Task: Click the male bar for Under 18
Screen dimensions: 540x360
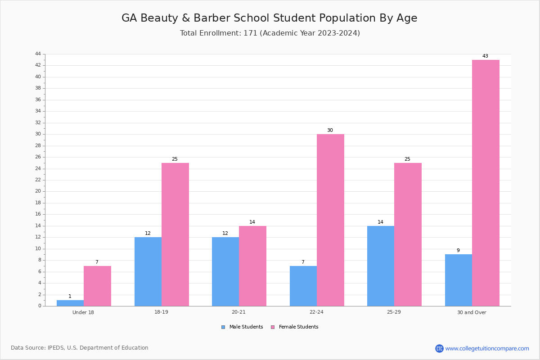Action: [70, 303]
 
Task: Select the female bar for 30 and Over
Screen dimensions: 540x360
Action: [486, 183]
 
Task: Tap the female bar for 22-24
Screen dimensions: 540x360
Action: [330, 220]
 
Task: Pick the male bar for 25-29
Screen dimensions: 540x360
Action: [381, 266]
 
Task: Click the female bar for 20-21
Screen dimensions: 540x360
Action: [252, 266]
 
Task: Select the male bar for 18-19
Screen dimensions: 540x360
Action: [148, 272]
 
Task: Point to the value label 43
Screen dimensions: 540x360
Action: [485, 56]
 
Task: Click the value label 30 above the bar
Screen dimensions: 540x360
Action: [330, 130]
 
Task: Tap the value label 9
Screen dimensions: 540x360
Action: [458, 250]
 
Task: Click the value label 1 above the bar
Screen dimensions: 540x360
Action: [70, 297]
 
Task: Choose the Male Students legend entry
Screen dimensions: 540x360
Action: [242, 327]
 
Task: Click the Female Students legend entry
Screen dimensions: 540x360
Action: [295, 327]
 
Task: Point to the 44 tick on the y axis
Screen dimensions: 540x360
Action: [38, 54]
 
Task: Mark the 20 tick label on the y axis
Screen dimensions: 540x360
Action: [38, 191]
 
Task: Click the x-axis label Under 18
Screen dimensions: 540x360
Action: [83, 312]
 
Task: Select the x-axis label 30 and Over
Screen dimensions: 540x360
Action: [472, 312]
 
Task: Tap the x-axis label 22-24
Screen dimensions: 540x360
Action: [316, 312]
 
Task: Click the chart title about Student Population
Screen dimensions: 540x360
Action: [269, 18]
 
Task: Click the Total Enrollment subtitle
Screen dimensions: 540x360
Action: [270, 33]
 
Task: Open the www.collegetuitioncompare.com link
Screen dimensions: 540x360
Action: [487, 348]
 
